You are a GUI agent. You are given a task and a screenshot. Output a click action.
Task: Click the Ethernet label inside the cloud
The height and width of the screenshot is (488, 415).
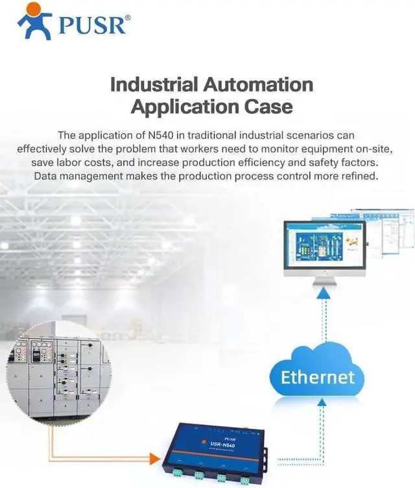[x=318, y=377]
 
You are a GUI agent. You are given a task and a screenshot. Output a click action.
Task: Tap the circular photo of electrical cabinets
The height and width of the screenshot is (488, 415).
[x=59, y=371]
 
